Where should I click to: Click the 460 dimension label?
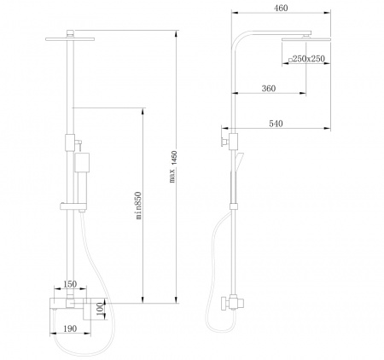281,8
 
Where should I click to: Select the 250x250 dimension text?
309,59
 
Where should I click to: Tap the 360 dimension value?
269,89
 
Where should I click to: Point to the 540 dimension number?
276,124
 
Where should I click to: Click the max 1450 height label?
173,166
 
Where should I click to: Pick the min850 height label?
138,206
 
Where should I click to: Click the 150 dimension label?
70,284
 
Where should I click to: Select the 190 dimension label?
70,328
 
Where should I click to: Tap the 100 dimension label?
100,309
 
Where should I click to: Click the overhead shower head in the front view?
70,39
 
